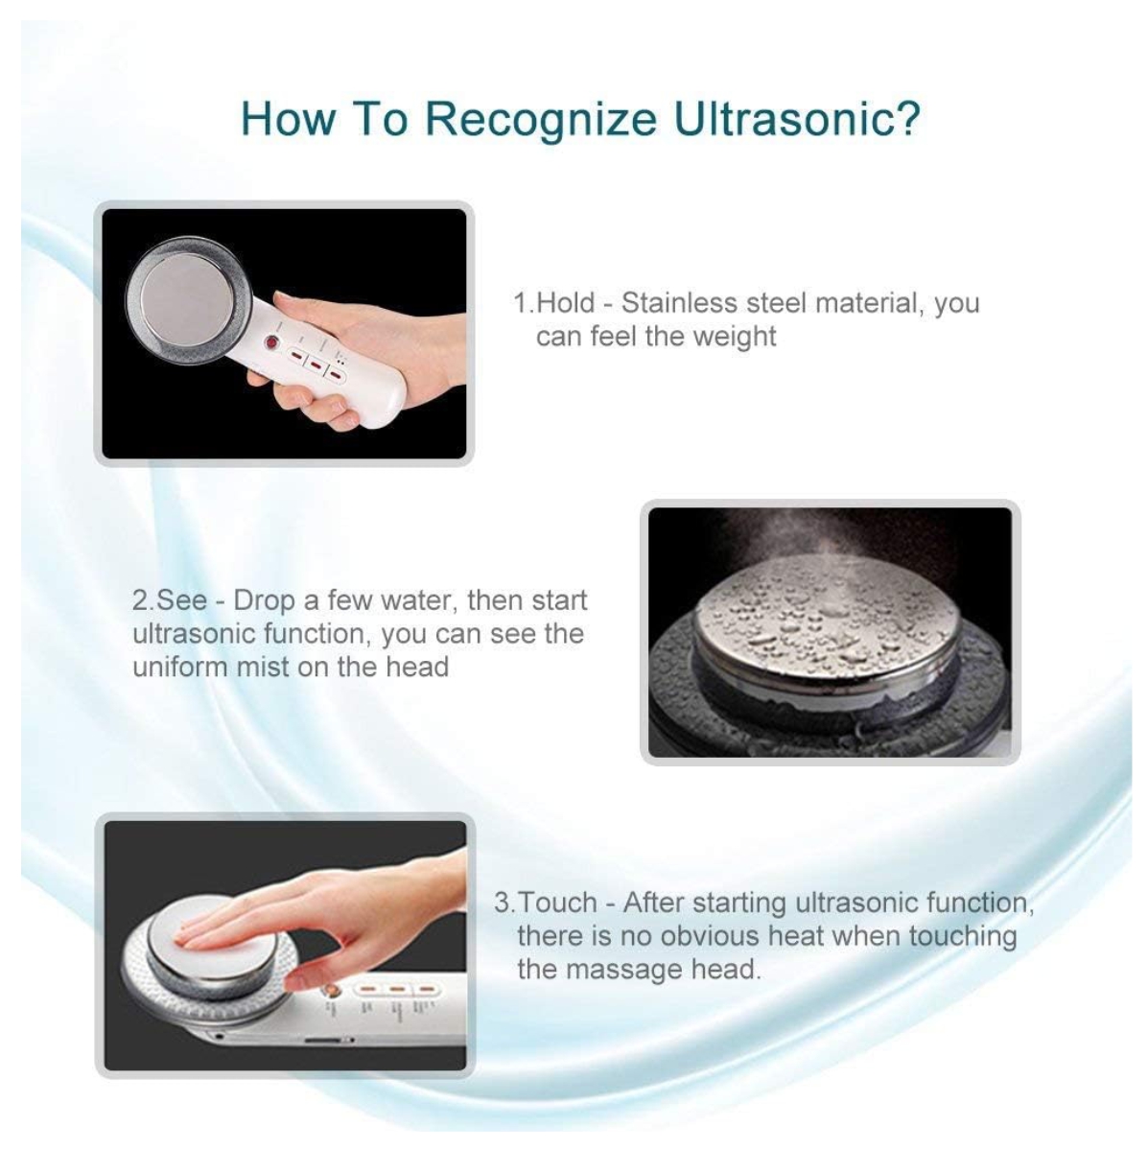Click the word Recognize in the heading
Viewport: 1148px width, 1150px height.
pyautogui.click(x=541, y=120)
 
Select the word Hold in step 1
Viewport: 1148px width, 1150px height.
pyautogui.click(x=566, y=303)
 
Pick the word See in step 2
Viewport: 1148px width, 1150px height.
pyautogui.click(x=182, y=599)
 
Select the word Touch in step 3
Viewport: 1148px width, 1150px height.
pyautogui.click(x=557, y=903)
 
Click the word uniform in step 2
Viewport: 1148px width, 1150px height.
pyautogui.click(x=179, y=668)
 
